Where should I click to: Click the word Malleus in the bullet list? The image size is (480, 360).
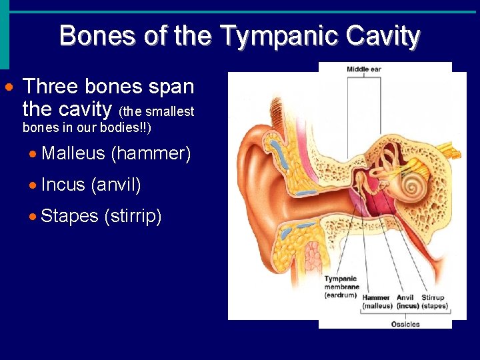(73, 153)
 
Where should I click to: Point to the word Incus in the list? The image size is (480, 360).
(63, 185)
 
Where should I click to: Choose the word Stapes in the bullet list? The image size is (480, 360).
(69, 216)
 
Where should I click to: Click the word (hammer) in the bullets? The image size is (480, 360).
(151, 153)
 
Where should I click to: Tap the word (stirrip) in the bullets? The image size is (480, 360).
(133, 216)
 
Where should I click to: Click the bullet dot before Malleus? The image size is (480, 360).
(34, 154)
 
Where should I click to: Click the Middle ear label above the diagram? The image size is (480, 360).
(363, 69)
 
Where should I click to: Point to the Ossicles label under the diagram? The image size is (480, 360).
(405, 324)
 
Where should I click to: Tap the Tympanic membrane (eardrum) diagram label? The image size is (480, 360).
(341, 287)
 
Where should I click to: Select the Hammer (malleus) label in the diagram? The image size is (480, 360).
(377, 301)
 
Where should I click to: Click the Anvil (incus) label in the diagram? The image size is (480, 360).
(407, 301)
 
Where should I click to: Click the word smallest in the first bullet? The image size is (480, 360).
(170, 112)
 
